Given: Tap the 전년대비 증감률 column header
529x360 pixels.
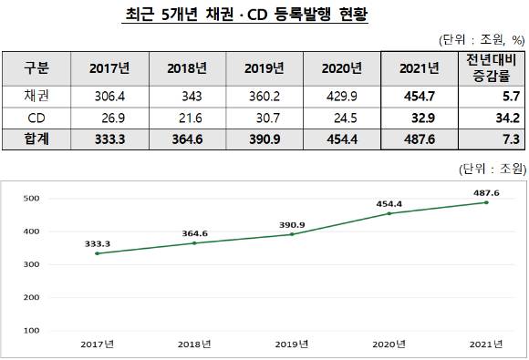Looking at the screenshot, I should click(x=492, y=68).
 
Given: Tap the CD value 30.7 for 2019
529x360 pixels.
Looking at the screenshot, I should click(x=272, y=118).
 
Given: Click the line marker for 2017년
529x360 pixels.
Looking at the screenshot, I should click(x=96, y=253).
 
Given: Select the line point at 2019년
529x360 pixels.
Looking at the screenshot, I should click(x=291, y=234).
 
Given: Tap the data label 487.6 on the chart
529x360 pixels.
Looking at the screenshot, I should click(x=485, y=192).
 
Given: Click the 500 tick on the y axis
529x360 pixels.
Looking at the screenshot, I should click(x=31, y=198).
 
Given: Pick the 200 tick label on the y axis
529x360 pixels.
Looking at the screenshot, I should click(x=31, y=297).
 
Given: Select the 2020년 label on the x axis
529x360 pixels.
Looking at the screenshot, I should click(x=389, y=343).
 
